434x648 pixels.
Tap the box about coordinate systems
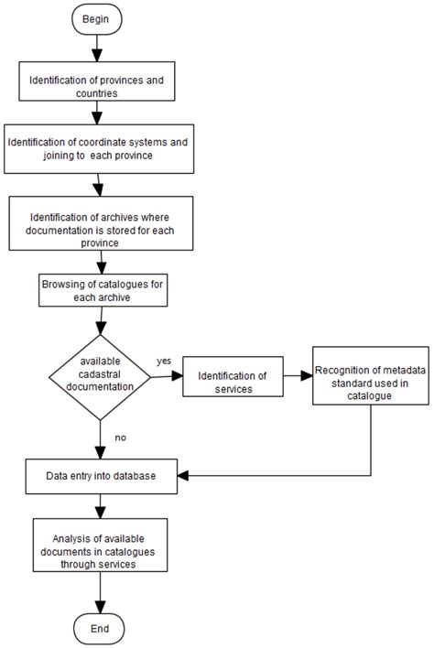pyautogui.click(x=99, y=149)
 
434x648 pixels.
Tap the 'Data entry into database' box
pyautogui.click(x=100, y=476)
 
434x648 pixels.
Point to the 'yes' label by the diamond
pyautogui.click(x=164, y=361)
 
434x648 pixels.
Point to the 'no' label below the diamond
pyautogui.click(x=120, y=438)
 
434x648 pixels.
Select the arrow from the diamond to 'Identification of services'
pyautogui.click(x=166, y=376)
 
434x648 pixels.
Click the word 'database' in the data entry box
pyautogui.click(x=130, y=476)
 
